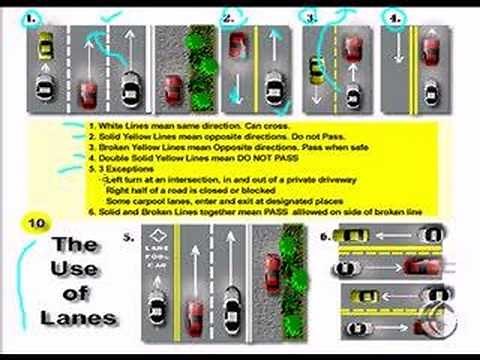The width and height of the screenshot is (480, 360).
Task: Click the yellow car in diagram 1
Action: [x=44, y=46]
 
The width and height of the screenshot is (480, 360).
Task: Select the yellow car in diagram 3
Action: [x=316, y=69]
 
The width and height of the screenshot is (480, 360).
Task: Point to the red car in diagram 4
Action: [x=430, y=48]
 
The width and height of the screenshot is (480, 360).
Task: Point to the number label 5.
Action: [x=127, y=238]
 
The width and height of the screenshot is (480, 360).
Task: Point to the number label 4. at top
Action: [x=395, y=18]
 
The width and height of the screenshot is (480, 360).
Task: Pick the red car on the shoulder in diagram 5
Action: [x=271, y=268]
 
